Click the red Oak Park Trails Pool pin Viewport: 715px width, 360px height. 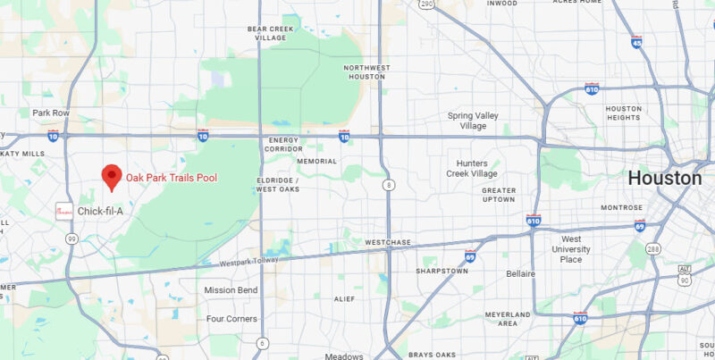[112, 176]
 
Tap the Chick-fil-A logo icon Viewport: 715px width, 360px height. [63, 212]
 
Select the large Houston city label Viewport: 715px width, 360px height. [664, 178]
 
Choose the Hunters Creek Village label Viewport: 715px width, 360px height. [471, 168]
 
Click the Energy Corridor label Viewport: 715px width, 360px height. [287, 144]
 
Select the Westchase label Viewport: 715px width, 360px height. [386, 242]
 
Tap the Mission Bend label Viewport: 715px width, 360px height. [231, 289]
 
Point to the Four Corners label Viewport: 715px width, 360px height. [231, 318]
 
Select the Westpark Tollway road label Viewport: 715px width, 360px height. [249, 262]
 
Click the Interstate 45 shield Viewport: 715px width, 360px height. [636, 42]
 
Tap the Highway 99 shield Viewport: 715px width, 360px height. [71, 239]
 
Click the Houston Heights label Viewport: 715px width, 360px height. [623, 113]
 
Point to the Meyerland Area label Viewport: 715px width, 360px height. [508, 319]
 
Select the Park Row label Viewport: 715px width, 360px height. [51, 113]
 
